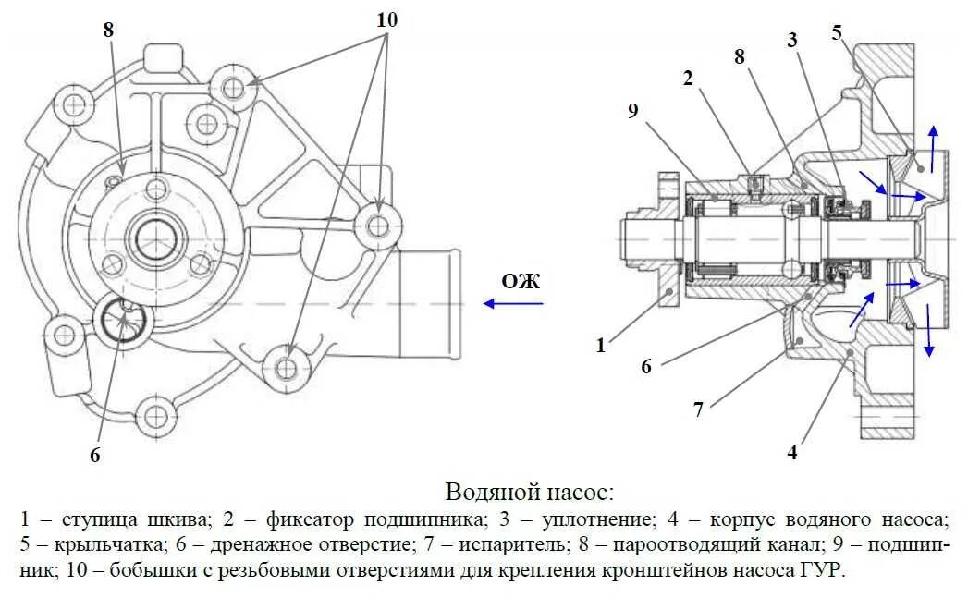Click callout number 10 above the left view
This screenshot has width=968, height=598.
386,18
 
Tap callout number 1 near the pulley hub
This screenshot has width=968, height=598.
601,345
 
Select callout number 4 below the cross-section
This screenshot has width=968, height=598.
792,453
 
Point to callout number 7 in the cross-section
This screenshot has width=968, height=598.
699,409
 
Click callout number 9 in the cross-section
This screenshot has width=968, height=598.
632,111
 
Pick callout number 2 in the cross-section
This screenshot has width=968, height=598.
687,79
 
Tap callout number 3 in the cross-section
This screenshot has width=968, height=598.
792,39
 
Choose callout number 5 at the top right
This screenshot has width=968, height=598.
837,32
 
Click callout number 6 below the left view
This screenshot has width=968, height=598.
94,454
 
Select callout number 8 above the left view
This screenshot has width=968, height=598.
108,29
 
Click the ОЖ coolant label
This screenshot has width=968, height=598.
521,281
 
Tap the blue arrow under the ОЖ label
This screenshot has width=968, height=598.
514,303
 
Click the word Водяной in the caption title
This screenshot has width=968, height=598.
490,491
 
